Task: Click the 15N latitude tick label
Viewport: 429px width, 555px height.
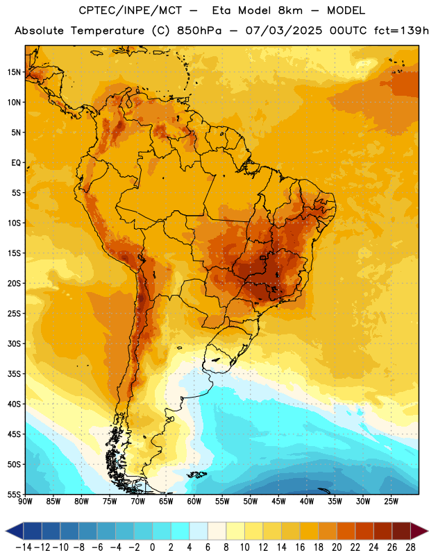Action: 14,72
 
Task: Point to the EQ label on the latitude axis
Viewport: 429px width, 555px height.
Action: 16,163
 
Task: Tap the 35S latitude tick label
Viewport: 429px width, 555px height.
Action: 14,374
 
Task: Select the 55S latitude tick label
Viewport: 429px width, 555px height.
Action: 14,494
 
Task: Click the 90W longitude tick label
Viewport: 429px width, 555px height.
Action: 25,501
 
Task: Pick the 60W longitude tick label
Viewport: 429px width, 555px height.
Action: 194,501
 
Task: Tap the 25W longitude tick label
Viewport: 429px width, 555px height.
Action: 391,501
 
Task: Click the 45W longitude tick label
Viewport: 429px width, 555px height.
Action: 278,501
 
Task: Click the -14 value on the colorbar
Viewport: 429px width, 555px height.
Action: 24,547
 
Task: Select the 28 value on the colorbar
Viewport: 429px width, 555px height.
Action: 410,547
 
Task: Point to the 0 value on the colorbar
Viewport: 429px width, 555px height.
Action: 152,547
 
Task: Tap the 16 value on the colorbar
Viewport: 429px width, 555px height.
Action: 300,547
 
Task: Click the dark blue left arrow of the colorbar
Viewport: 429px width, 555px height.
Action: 15,531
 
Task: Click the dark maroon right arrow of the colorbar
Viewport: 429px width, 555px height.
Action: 419,531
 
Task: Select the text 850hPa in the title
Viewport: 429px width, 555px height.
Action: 199,31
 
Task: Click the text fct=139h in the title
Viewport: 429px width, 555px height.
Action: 401,31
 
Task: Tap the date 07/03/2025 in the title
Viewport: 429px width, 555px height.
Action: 284,31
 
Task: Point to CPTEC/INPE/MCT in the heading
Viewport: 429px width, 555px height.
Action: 130,10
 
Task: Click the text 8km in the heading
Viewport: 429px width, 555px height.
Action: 290,10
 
